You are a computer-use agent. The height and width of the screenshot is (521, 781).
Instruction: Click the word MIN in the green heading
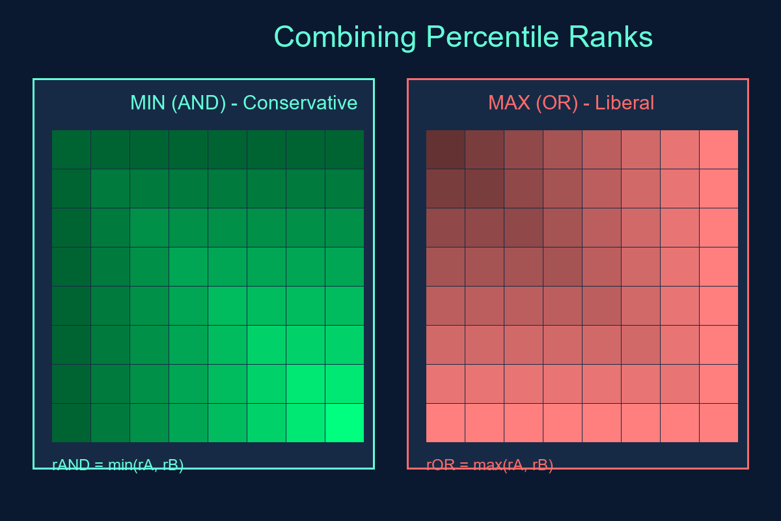tap(148, 103)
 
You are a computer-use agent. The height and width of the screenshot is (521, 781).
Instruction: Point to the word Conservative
tap(300, 103)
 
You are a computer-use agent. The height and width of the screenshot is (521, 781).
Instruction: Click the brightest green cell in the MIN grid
tap(344, 423)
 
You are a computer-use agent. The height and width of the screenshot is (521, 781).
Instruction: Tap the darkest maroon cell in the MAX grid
tap(446, 150)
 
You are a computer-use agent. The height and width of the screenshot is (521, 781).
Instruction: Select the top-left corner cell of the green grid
tap(72, 150)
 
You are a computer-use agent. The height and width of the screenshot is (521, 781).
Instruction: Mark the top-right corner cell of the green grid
tap(344, 150)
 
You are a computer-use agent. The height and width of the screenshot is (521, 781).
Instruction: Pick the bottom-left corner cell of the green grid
tap(72, 423)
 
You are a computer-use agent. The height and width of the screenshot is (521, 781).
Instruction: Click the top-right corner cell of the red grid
tap(719, 150)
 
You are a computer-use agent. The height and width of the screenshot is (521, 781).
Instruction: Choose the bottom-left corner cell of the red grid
tap(446, 423)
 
